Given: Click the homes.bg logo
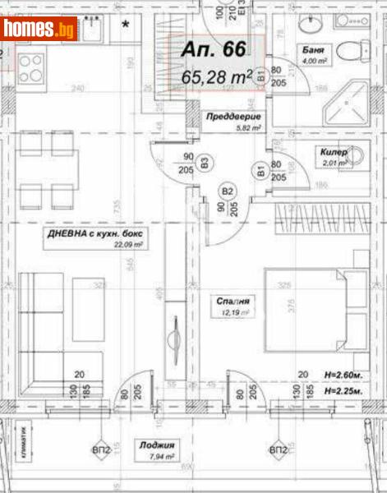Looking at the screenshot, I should [39, 31].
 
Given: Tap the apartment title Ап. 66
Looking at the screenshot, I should [213, 50].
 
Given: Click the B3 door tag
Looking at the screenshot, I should [204, 160].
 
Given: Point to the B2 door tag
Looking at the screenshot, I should [227, 193].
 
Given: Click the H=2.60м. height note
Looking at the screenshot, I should [344, 375].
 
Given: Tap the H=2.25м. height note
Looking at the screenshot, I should [344, 391].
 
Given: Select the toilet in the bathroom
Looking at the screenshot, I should [357, 49].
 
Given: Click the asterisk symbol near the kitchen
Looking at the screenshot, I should [126, 25].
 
